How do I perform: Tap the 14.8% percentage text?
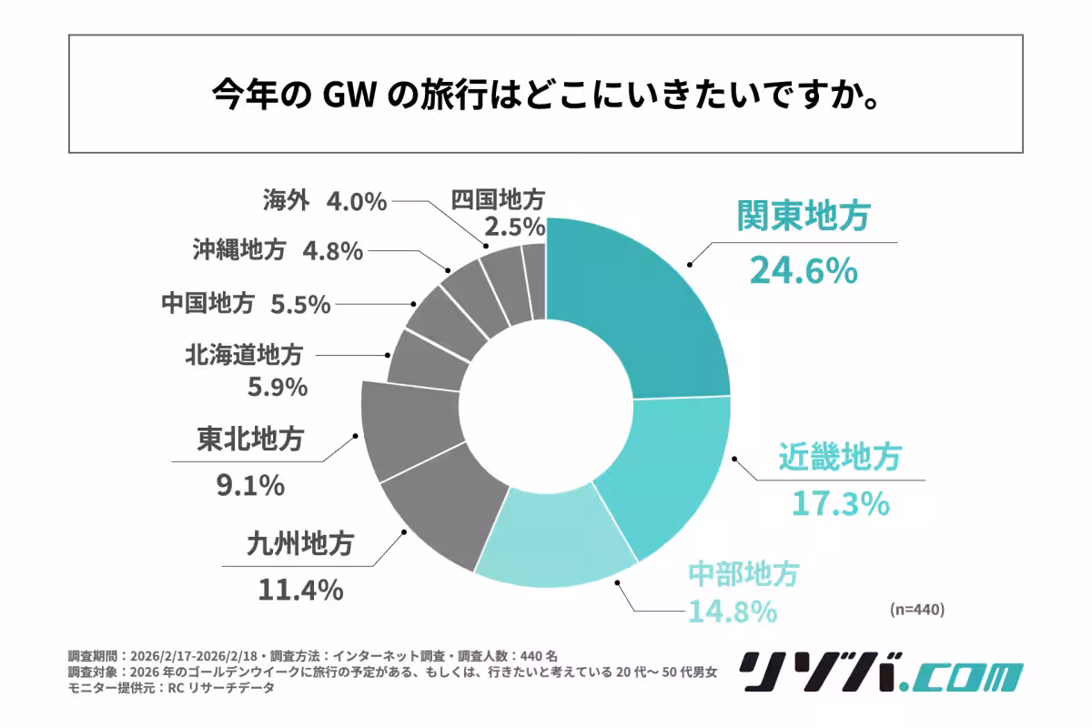[x=732, y=610]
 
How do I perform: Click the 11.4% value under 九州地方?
[x=299, y=589]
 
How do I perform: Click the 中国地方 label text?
[x=207, y=304]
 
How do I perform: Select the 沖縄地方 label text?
[x=239, y=249]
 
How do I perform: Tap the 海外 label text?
[x=287, y=200]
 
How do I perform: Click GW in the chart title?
[x=349, y=95]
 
